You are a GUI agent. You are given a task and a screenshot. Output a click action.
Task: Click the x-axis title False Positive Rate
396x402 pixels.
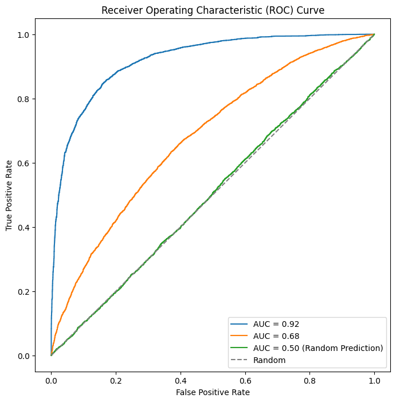[213, 392]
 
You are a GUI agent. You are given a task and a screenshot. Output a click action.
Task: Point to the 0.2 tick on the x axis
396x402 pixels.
[116, 379]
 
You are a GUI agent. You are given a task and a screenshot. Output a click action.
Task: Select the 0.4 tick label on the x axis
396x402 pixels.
[181, 379]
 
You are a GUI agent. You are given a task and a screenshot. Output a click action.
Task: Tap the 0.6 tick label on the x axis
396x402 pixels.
[245, 379]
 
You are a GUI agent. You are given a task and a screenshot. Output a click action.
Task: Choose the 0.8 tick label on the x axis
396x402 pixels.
[310, 379]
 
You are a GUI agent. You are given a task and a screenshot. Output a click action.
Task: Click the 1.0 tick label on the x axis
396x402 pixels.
[375, 379]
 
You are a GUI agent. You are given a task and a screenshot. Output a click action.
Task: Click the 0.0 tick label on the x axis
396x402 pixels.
[51, 379]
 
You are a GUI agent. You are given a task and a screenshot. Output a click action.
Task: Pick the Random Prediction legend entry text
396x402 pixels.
[317, 348]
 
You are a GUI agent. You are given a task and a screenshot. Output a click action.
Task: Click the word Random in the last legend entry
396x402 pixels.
[269, 360]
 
